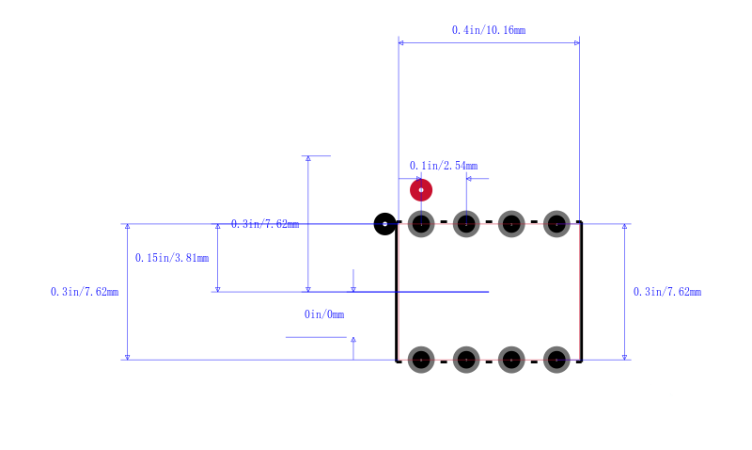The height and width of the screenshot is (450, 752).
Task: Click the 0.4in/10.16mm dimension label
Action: pyautogui.click(x=489, y=30)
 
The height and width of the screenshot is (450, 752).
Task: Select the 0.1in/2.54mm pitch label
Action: pyautogui.click(x=444, y=166)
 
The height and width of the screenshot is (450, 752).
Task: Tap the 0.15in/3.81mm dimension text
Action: pyautogui.click(x=172, y=258)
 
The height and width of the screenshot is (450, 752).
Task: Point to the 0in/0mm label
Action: pyautogui.click(x=324, y=314)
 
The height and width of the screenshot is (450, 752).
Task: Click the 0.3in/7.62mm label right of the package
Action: pyautogui.click(x=667, y=292)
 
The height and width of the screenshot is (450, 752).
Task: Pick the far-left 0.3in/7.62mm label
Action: pyautogui.click(x=85, y=292)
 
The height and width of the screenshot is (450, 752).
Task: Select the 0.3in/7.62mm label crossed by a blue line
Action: pyautogui.click(x=265, y=224)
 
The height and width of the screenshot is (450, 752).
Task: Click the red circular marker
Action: pyautogui.click(x=421, y=190)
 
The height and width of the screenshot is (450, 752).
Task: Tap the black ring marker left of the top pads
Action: pyautogui.click(x=384, y=224)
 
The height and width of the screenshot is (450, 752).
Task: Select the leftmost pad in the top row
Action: pyautogui.click(x=421, y=224)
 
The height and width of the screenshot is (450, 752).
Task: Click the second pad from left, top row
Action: pyautogui.click(x=466, y=224)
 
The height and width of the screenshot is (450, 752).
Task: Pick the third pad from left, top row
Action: pyautogui.click(x=511, y=224)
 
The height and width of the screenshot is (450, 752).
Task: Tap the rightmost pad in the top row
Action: pyautogui.click(x=556, y=224)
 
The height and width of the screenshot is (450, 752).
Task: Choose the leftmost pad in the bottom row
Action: pyautogui.click(x=421, y=360)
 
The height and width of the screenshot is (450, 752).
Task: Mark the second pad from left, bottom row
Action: pyautogui.click(x=466, y=360)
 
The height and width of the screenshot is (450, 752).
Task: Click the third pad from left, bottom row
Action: pyautogui.click(x=511, y=360)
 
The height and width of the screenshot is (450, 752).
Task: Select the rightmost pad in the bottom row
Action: pyautogui.click(x=556, y=360)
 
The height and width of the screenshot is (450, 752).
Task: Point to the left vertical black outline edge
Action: pyautogui.click(x=397, y=292)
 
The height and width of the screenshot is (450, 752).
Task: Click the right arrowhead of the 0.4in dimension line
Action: pyautogui.click(x=577, y=42)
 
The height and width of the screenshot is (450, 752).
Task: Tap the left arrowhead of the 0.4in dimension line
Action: pyautogui.click(x=401, y=42)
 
